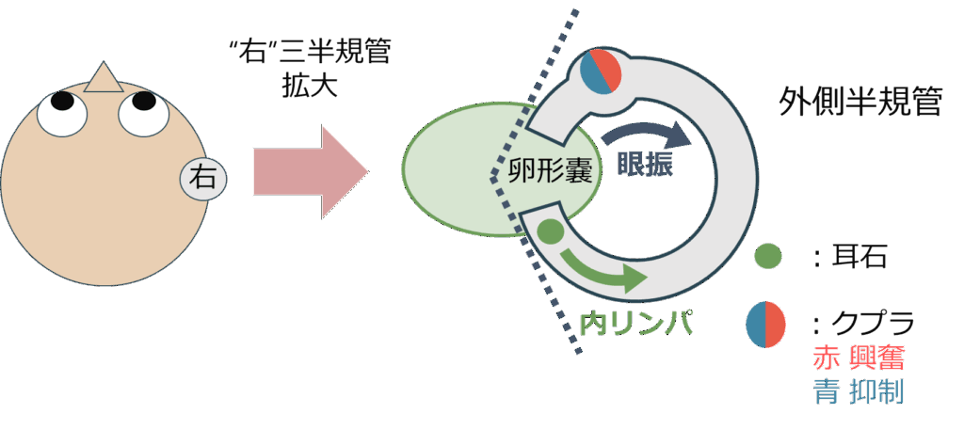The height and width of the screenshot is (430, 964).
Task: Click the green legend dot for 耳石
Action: tap(768, 255)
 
